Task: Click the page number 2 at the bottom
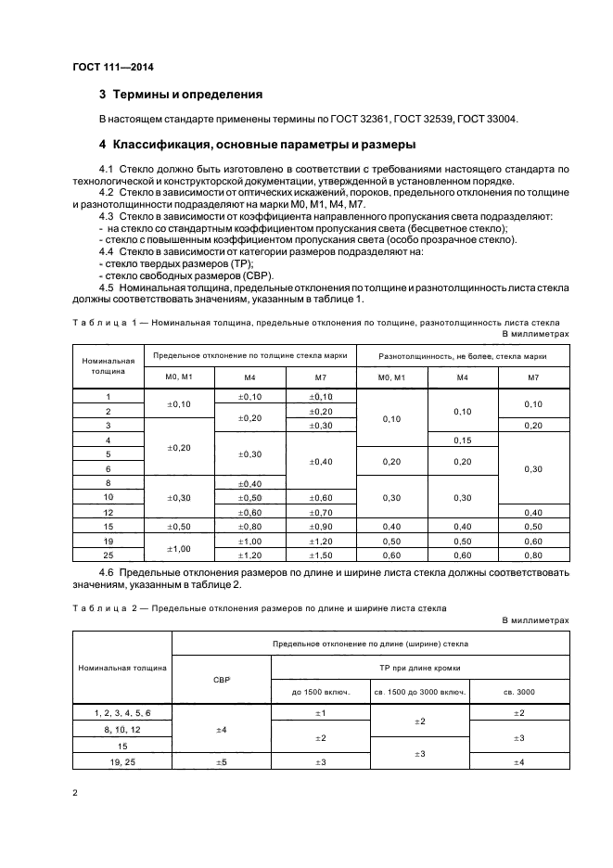coord(74,792)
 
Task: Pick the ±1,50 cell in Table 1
coord(320,555)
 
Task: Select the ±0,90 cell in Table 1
coord(320,527)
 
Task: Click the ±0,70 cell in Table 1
coord(320,512)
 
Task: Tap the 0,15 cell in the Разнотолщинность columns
coord(463,440)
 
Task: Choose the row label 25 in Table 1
coord(109,555)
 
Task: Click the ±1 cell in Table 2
coord(320,712)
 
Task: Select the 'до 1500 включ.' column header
coord(320,691)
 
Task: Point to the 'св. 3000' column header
coord(518,691)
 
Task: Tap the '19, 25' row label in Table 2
coord(122,761)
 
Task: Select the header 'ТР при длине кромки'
coord(419,668)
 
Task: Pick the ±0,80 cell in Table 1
coord(249,527)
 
